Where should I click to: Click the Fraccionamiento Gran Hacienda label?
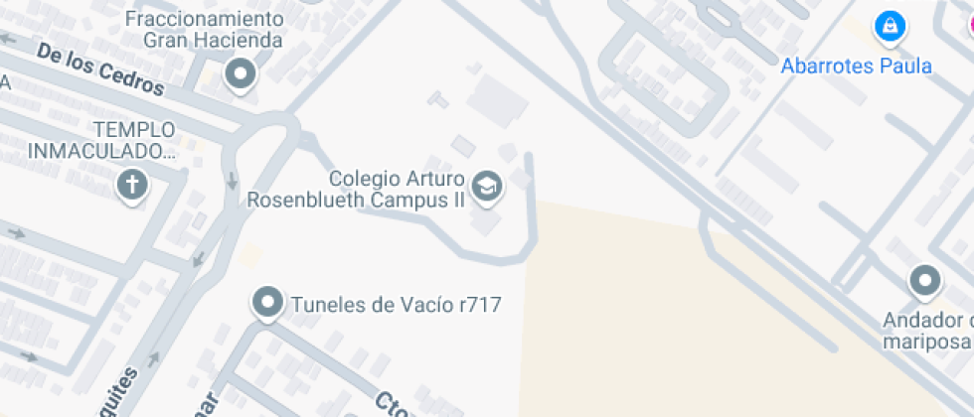213,30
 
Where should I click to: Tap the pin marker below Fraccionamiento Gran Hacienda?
240,73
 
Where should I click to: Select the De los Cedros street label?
100,69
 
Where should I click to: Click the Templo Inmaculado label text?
101,140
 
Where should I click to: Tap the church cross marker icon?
131,184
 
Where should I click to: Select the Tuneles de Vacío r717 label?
396,305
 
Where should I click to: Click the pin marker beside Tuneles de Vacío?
266,301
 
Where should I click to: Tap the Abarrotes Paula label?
856,67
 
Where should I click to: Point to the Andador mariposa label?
927,331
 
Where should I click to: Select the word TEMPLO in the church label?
134,129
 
